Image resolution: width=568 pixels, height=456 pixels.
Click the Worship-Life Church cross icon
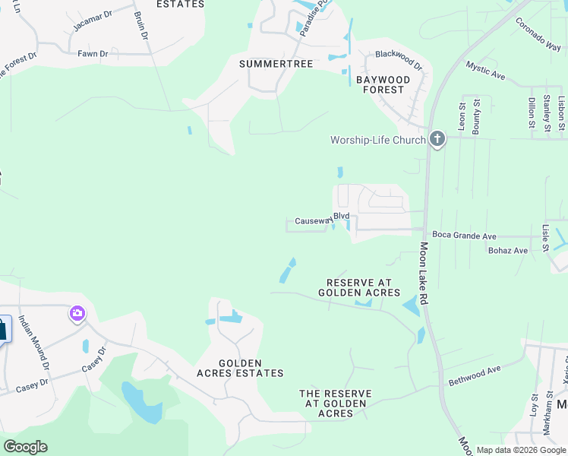pyautogui.click(x=437, y=139)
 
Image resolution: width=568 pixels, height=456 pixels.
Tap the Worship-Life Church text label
pyautogui.click(x=377, y=140)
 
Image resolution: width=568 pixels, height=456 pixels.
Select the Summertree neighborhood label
pyautogui.click(x=276, y=64)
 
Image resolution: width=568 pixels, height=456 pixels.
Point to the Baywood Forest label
pyautogui.click(x=383, y=84)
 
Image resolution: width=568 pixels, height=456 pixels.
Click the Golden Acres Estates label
pyautogui.click(x=240, y=369)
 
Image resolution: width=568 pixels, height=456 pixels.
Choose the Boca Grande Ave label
pyautogui.click(x=464, y=236)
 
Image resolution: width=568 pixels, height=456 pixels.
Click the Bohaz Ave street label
pyautogui.click(x=508, y=250)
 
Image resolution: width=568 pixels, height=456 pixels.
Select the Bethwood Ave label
pyautogui.click(x=475, y=375)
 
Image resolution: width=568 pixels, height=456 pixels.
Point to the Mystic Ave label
pyautogui.click(x=485, y=71)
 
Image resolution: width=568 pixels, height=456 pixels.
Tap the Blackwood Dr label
pyautogui.click(x=399, y=55)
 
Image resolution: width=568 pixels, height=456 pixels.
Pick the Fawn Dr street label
pyautogui.click(x=93, y=54)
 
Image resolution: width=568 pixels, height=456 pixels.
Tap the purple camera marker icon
pyautogui.click(x=77, y=312)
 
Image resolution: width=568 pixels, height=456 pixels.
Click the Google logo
pyautogui.click(x=25, y=447)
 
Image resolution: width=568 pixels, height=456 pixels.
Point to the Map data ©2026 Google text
pyautogui.click(x=520, y=450)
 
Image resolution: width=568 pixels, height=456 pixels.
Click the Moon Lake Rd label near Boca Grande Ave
pyautogui.click(x=423, y=274)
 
